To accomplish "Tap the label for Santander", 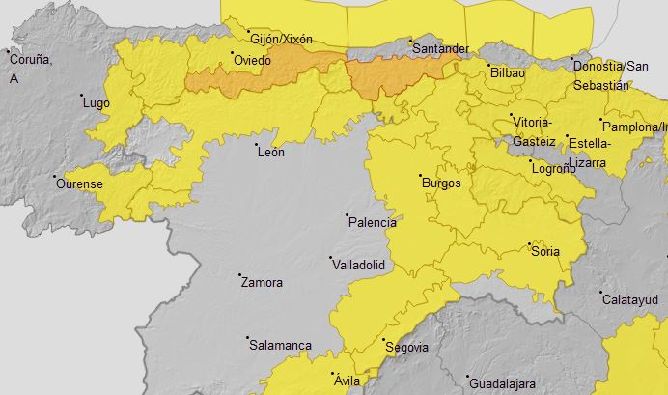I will (440, 48).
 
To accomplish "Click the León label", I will (270, 153).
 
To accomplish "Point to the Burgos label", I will (441, 183).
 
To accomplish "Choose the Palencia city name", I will (372, 222).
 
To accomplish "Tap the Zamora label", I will (262, 283).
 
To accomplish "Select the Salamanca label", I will (280, 345).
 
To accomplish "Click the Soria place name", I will (545, 252).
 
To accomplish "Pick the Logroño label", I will (554, 170).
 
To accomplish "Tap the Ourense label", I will (79, 183).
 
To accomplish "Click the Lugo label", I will (97, 102).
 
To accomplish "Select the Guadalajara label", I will (503, 383).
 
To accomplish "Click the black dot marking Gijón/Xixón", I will (247, 31).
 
